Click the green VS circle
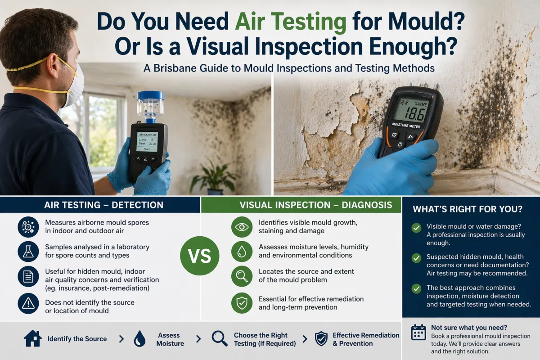click(199, 256)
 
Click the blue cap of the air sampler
click(150, 95)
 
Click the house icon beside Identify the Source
click(33, 339)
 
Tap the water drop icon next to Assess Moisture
click(139, 339)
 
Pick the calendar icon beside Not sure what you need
click(418, 332)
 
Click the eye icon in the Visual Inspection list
click(242, 227)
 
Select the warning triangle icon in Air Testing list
click(28, 303)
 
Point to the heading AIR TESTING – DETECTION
click(103, 205)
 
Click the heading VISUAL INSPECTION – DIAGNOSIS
click(315, 205)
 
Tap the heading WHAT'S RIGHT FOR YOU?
click(468, 209)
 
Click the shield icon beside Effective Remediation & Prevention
click(321, 339)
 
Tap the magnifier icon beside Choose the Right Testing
click(220, 339)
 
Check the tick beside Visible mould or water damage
click(416, 228)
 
